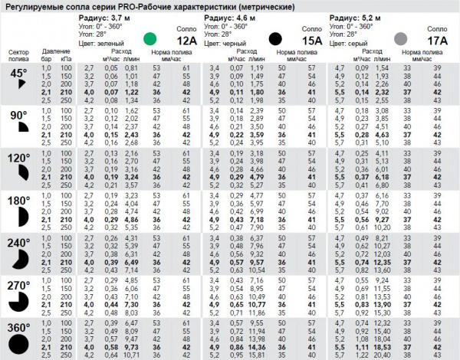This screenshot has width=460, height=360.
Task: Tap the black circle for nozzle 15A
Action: [x=275, y=38]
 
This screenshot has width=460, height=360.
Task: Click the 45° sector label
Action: [x=18, y=74]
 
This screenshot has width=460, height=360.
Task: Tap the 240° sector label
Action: [x=18, y=243]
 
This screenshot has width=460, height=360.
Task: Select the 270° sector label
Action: [x=18, y=286]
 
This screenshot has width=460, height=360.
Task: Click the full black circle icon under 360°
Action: [x=19, y=346]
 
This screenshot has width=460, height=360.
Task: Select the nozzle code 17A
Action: [x=436, y=40]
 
